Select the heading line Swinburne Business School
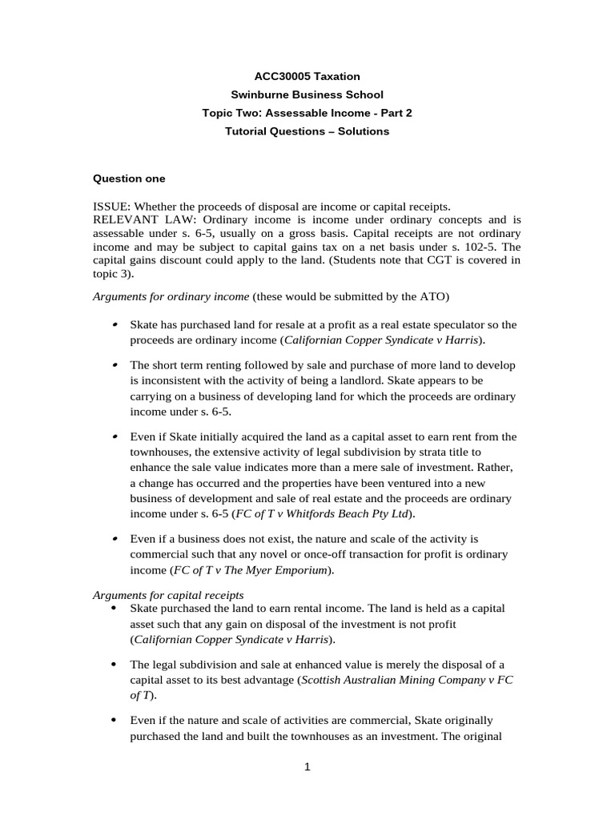(x=307, y=94)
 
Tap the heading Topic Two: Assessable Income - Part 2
(x=307, y=113)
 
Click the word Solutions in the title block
(x=360, y=131)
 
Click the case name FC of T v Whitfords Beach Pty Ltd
(x=336, y=512)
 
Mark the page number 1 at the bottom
(x=307, y=766)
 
